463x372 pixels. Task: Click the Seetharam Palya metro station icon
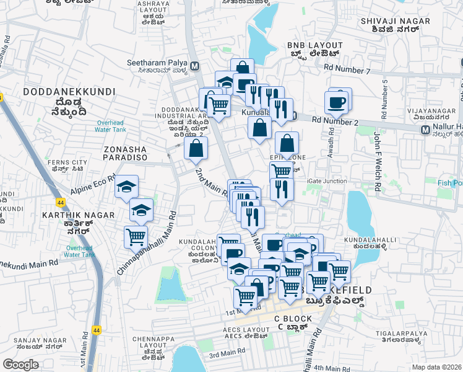tap(195, 66)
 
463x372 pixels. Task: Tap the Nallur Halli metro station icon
tap(425, 130)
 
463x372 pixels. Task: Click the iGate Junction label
tap(327, 180)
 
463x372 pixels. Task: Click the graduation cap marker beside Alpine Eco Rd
tap(127, 187)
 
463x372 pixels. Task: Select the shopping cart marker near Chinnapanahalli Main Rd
tap(136, 236)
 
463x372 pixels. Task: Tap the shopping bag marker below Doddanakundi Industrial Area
tap(196, 149)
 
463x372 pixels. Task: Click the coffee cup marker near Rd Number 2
tap(337, 102)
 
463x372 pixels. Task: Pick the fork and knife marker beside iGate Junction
tap(282, 190)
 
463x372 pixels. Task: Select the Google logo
tap(21, 364)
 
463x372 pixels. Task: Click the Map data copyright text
tap(437, 366)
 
